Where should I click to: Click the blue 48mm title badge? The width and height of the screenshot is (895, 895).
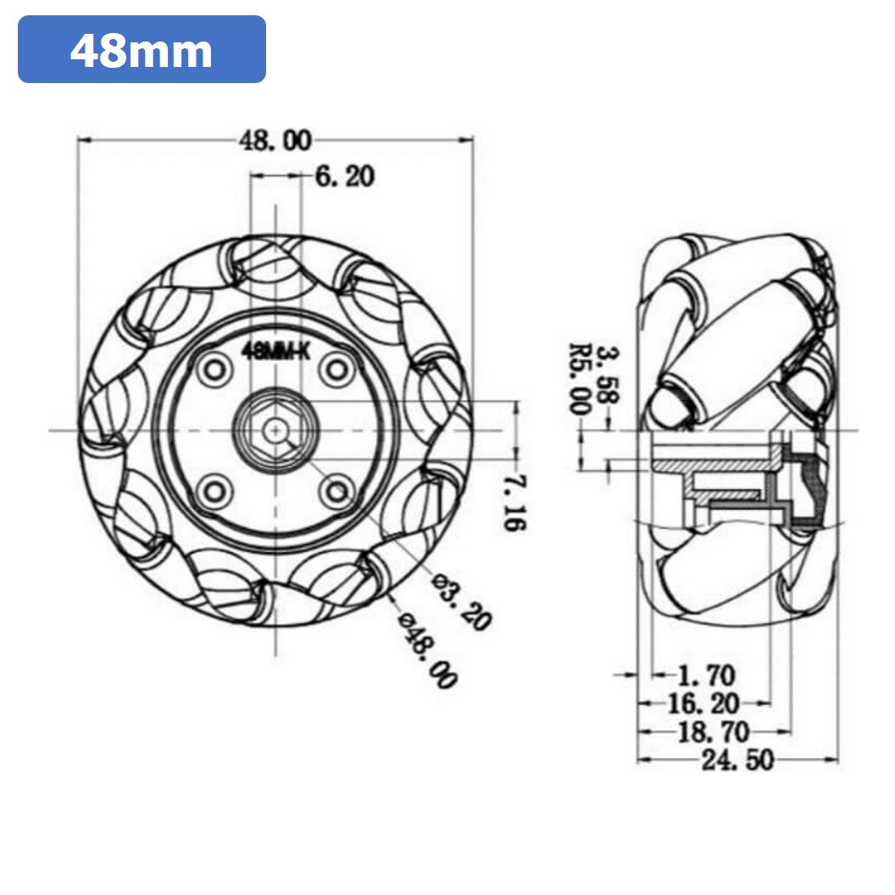point(142,49)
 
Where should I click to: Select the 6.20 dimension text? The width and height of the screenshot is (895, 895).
point(344,176)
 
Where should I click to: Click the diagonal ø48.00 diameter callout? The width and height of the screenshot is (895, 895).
point(428,648)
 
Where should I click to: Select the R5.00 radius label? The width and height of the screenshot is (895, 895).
point(581,378)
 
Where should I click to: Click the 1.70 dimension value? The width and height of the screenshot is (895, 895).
point(707,675)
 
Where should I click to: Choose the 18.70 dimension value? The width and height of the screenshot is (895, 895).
point(714,731)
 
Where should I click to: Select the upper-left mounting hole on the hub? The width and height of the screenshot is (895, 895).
point(214,370)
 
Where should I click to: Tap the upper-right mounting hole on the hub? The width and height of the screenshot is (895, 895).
point(338,370)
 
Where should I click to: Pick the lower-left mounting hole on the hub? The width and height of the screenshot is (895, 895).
point(214,491)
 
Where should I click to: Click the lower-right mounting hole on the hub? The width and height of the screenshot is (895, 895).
point(338,491)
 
